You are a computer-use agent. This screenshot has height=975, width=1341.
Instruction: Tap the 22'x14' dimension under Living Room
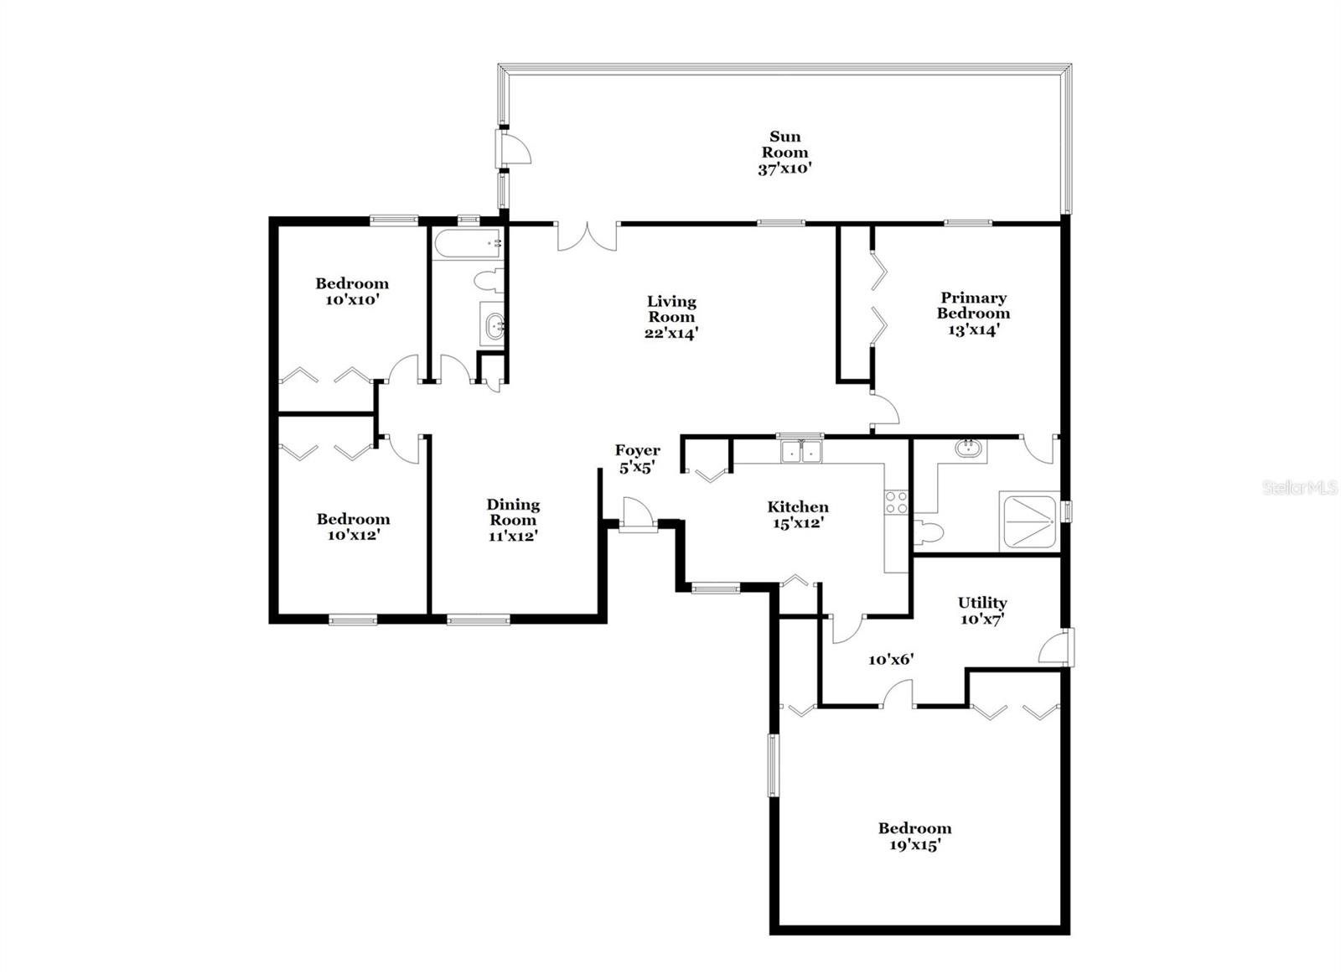tap(671, 333)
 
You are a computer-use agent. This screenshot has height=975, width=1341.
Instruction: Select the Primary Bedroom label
tap(973, 306)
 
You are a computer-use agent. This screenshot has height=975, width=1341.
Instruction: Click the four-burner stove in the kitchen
tap(896, 502)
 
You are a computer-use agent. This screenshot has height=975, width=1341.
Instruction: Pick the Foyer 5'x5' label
tap(637, 459)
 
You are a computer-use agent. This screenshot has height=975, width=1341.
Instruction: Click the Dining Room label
tap(513, 511)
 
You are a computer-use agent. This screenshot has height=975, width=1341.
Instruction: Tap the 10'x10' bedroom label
tap(352, 291)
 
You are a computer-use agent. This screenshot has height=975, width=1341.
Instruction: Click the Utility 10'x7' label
tap(982, 610)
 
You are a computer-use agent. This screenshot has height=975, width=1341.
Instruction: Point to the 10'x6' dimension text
tap(890, 660)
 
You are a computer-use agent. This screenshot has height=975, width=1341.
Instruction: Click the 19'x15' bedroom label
tap(914, 837)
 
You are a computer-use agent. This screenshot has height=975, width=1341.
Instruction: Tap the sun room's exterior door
tap(515, 149)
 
